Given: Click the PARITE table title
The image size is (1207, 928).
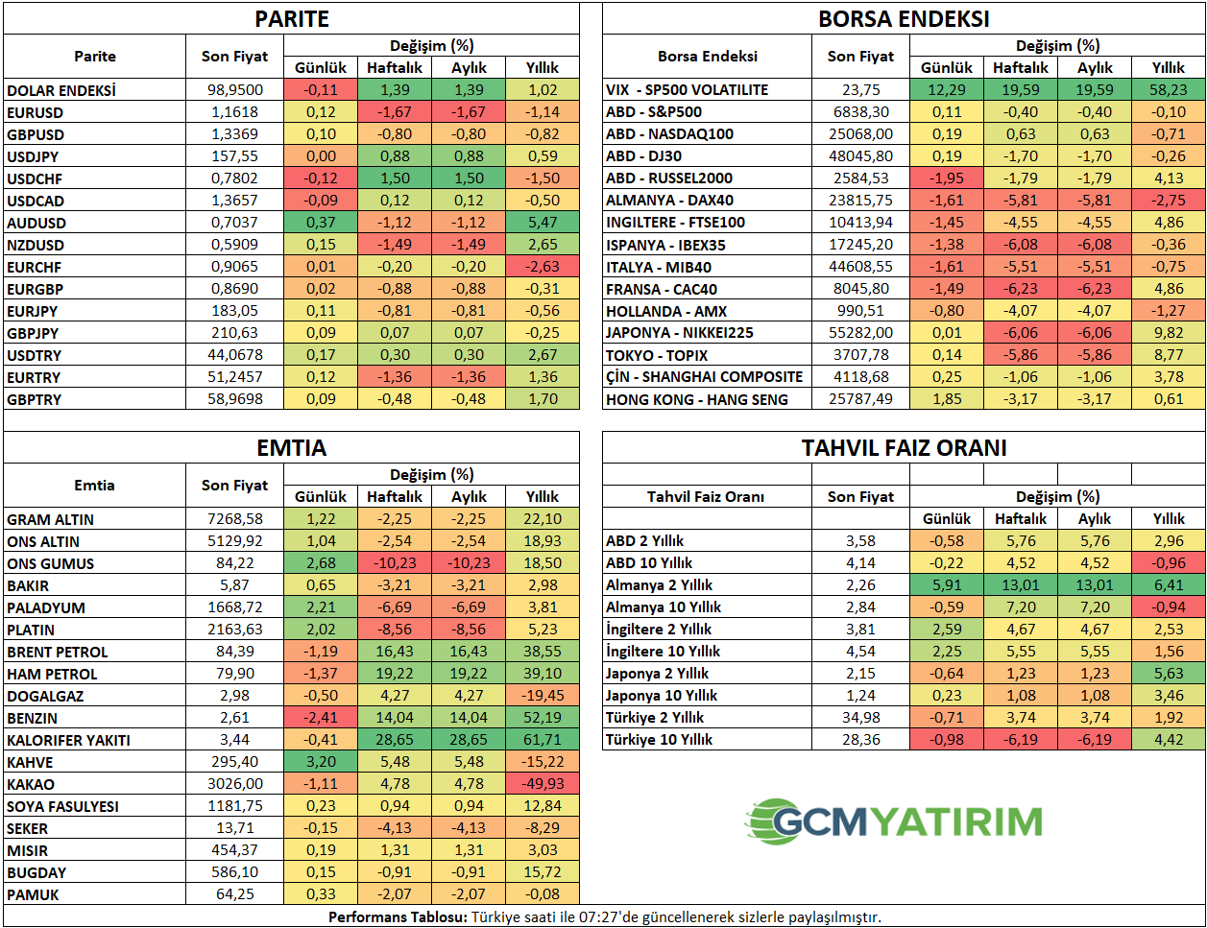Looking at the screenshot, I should click(291, 19).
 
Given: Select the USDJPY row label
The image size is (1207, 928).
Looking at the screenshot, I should click(33, 156).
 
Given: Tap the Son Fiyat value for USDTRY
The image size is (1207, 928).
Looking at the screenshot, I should click(234, 355).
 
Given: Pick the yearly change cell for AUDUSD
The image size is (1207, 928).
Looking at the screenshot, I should click(542, 223).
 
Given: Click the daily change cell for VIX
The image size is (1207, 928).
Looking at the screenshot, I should click(946, 89).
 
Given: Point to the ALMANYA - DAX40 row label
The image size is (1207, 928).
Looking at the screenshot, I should click(669, 201).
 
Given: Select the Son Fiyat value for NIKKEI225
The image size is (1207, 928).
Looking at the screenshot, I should click(860, 333).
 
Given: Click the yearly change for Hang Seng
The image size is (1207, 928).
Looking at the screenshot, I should click(1168, 399).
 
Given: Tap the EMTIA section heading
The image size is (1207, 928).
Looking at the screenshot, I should click(291, 448).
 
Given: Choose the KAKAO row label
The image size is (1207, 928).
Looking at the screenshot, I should click(31, 784).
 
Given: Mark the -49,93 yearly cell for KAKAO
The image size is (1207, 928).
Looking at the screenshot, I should click(542, 784).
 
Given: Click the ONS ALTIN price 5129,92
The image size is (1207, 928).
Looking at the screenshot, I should click(234, 541).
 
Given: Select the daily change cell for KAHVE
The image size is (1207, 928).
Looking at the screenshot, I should click(321, 762).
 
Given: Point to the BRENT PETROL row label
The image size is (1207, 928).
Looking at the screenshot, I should click(58, 652).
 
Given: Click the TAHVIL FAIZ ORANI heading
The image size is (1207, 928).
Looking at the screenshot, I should click(904, 448).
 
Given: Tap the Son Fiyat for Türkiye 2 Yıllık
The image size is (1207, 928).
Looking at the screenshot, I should click(860, 718).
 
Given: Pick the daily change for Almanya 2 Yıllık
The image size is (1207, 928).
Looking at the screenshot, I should click(946, 585).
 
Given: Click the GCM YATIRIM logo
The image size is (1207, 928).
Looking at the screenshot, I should click(894, 821).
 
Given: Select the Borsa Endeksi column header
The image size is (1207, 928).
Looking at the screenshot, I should click(707, 57).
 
